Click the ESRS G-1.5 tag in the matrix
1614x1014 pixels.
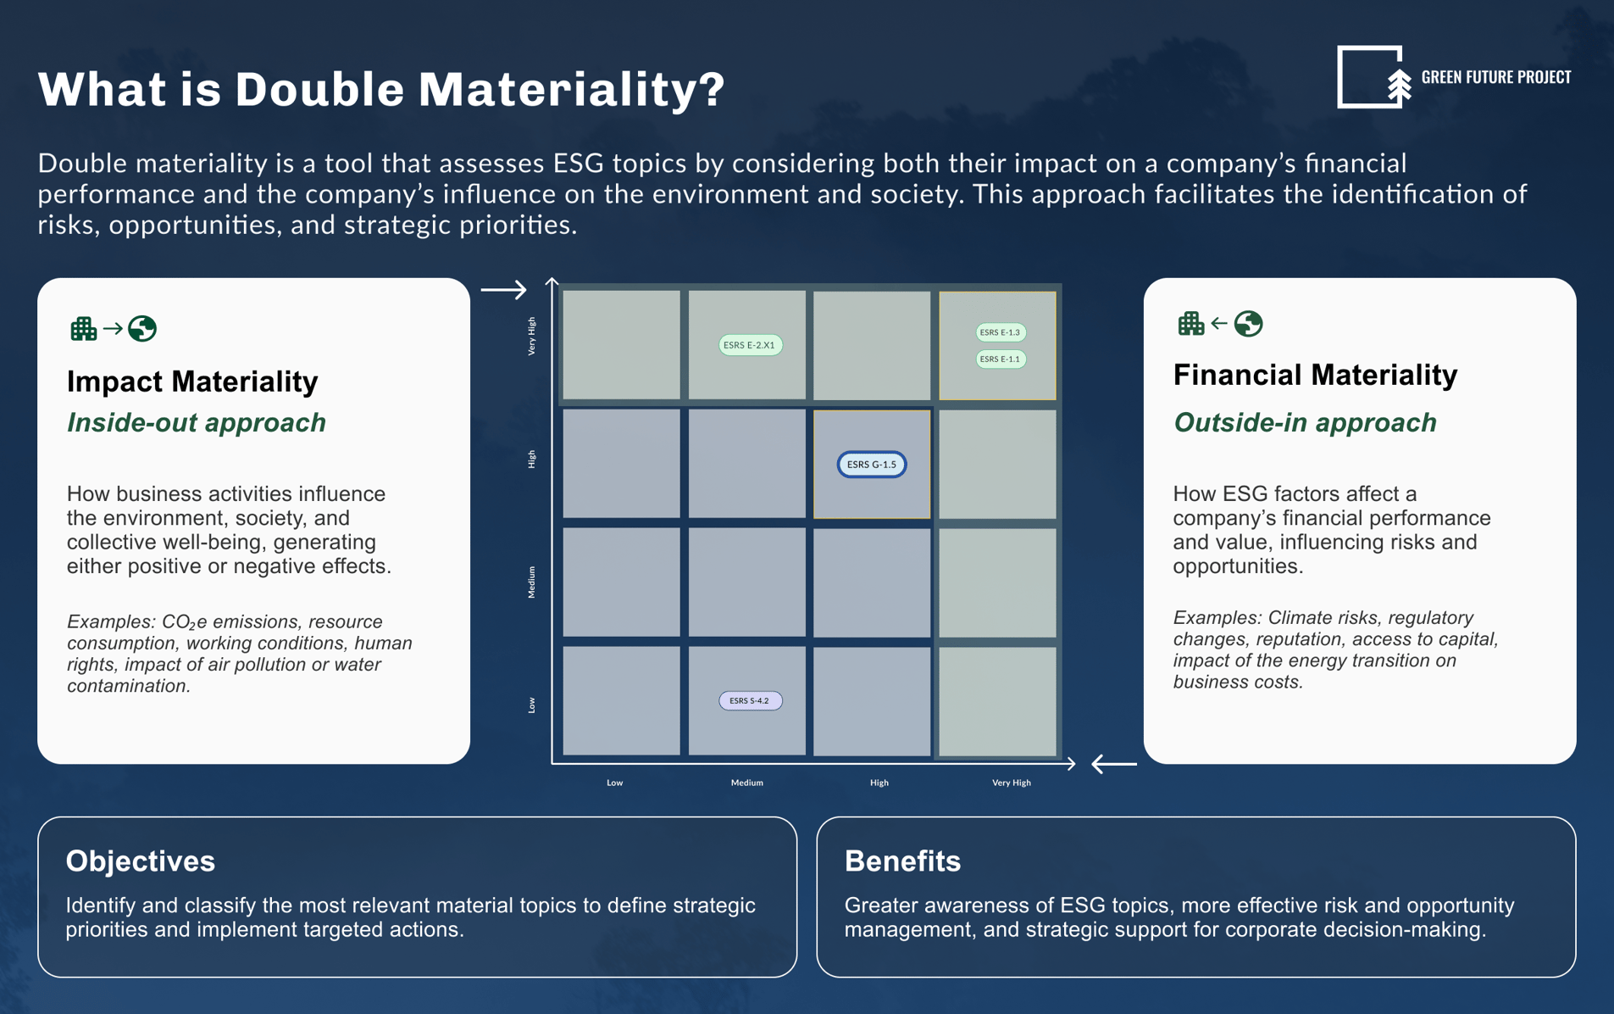[x=871, y=464]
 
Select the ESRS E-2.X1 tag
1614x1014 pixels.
[x=750, y=345]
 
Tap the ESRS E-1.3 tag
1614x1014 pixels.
[x=1001, y=332]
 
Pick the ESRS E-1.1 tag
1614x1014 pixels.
[x=1001, y=359]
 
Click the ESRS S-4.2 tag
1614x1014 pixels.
[x=750, y=700]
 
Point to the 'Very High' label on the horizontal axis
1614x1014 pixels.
[x=1011, y=783]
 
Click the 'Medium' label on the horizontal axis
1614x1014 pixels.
[x=746, y=783]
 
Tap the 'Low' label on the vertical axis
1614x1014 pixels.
[x=532, y=705]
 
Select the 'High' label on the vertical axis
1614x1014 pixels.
[x=532, y=459]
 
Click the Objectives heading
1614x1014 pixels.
[x=141, y=861]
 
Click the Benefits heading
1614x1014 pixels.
[x=902, y=861]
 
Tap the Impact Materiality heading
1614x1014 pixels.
[x=192, y=382]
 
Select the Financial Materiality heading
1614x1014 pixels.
[x=1315, y=375]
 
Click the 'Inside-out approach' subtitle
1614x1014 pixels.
[x=197, y=422]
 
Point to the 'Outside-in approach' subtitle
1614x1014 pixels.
[x=1305, y=422]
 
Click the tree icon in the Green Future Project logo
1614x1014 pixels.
[x=1399, y=87]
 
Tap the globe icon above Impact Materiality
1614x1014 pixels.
[x=142, y=328]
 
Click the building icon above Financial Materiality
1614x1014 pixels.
[x=1190, y=323]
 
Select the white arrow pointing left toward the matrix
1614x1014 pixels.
[x=1113, y=764]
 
